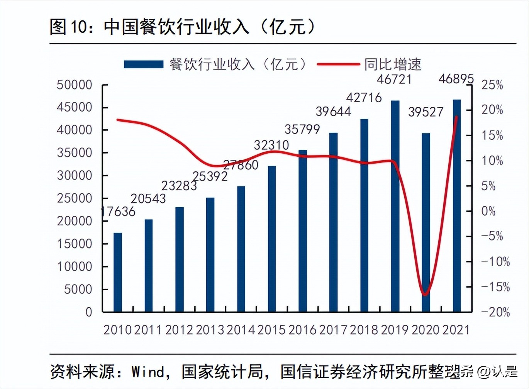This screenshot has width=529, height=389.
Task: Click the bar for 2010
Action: click(x=117, y=272)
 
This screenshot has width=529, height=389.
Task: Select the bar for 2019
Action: click(x=395, y=206)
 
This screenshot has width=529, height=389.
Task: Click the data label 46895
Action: click(x=456, y=79)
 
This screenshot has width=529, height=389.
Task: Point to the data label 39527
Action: click(x=426, y=112)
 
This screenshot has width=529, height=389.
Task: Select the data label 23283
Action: click(x=179, y=186)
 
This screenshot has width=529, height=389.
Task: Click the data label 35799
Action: click(x=302, y=129)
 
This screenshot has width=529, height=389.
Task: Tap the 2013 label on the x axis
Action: click(x=210, y=330)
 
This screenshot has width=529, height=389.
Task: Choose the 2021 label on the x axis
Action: click(x=456, y=330)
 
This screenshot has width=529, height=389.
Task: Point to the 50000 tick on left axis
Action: click(x=75, y=85)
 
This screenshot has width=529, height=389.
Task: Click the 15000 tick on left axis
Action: click(x=75, y=244)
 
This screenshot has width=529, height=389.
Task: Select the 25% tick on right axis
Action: click(x=492, y=85)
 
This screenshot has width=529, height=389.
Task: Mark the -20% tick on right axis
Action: click(x=495, y=312)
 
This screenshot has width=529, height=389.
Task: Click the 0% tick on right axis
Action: click(x=488, y=211)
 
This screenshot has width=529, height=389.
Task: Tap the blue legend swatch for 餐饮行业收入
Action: click(x=143, y=64)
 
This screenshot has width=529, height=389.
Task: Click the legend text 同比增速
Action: click(x=392, y=64)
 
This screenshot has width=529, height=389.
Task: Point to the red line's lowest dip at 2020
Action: click(x=425, y=295)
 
